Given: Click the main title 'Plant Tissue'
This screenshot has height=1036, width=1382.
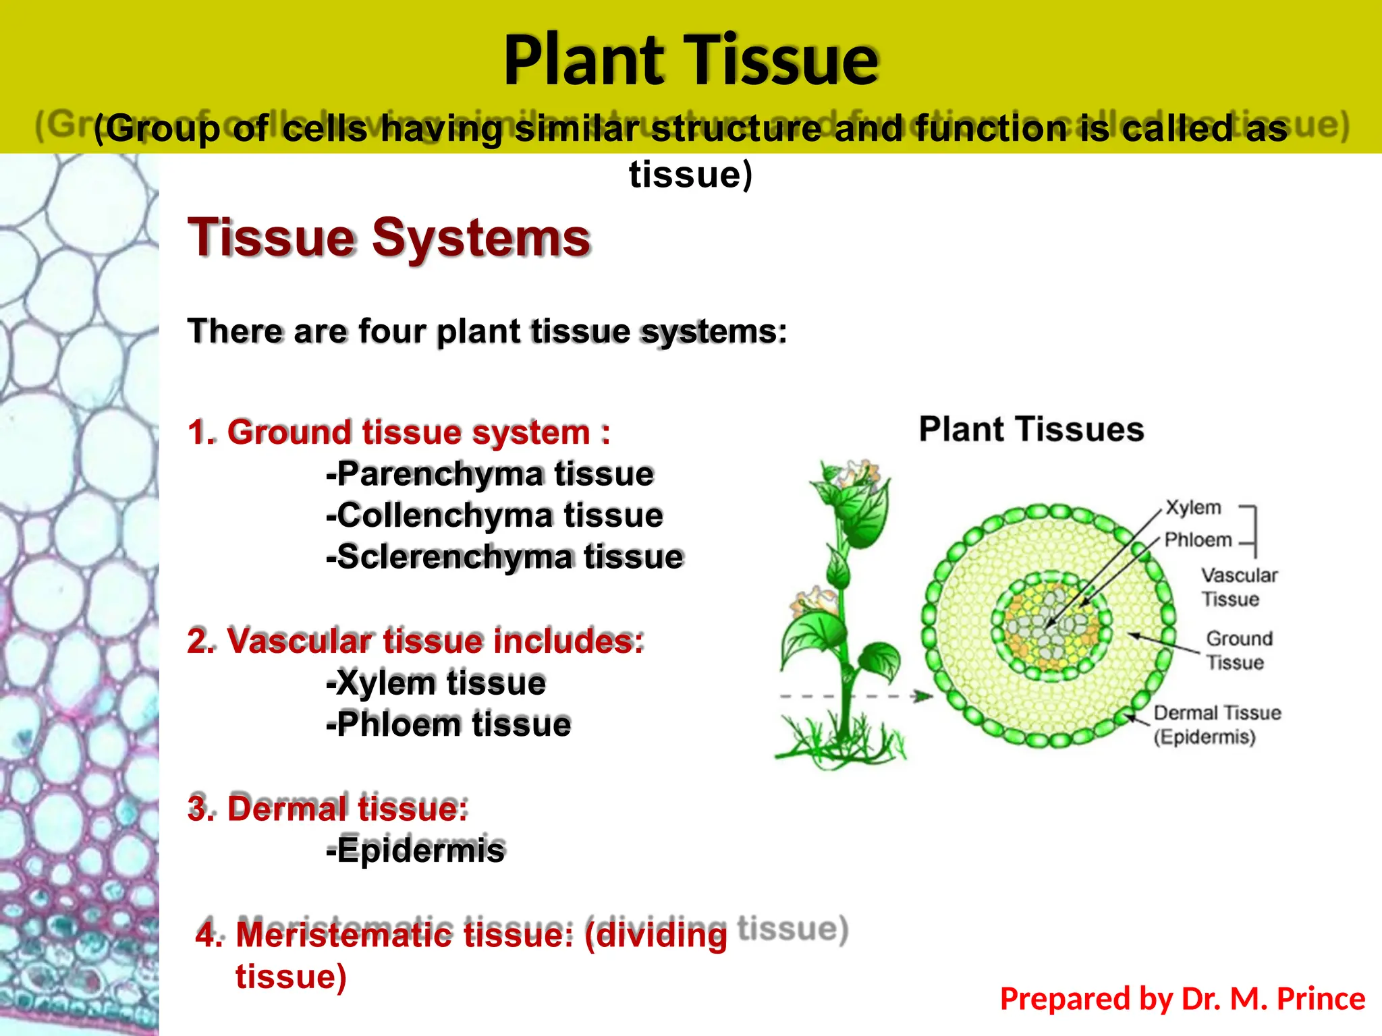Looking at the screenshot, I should pyautogui.click(x=691, y=61).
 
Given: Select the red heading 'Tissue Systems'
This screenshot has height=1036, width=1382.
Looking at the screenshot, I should pyautogui.click(x=389, y=237).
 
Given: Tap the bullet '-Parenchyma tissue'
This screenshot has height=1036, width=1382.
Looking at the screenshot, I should pyautogui.click(x=490, y=474).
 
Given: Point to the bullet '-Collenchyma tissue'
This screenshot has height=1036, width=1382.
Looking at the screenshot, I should pyautogui.click(x=495, y=516).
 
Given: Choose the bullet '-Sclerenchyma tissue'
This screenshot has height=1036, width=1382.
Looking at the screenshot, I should pyautogui.click(x=505, y=558).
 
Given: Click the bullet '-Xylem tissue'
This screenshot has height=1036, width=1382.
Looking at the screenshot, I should pyautogui.click(x=436, y=683).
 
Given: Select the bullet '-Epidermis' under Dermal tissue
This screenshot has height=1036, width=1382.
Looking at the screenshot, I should pyautogui.click(x=415, y=851).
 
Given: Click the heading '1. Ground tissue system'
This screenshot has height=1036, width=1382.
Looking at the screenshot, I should pyautogui.click(x=399, y=432).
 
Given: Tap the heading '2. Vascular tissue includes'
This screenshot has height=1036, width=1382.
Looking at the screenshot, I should pyautogui.click(x=416, y=641).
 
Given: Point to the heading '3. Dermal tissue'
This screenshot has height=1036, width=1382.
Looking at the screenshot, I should pyautogui.click(x=328, y=809).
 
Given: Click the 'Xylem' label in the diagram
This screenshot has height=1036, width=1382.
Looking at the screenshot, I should pyautogui.click(x=1193, y=508).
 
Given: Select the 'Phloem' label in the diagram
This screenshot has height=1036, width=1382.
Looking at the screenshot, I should pyautogui.click(x=1198, y=540).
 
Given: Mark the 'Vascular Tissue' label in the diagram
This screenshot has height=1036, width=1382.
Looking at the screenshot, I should pyautogui.click(x=1239, y=587).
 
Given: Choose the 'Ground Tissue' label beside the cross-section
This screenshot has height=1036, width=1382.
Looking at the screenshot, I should pyautogui.click(x=1239, y=651).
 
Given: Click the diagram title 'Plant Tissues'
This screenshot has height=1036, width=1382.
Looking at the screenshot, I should pyautogui.click(x=1031, y=430).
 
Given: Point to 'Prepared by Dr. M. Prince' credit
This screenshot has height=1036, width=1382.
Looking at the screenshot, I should pyautogui.click(x=1182, y=999).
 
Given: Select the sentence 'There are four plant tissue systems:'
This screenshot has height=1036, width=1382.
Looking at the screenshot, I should pyautogui.click(x=487, y=332).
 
